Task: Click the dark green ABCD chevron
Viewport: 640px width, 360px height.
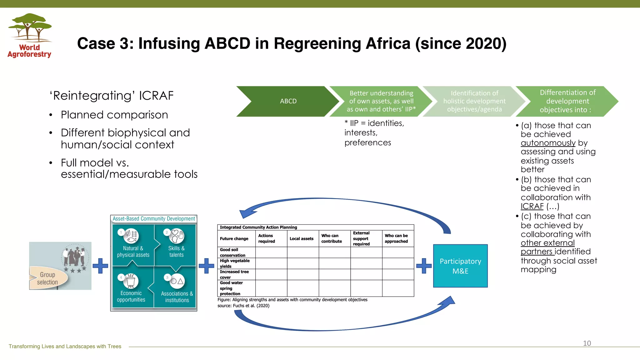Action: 288,101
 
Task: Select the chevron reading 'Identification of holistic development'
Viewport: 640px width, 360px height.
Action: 474,101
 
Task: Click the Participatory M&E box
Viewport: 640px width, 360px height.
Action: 460,266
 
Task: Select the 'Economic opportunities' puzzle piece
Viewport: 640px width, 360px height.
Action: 131,289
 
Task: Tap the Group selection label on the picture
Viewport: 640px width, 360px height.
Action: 48,278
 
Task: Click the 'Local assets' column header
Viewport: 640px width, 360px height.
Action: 301,239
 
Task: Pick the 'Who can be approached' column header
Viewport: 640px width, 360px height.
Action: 396,238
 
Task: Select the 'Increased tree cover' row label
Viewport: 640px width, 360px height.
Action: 234,274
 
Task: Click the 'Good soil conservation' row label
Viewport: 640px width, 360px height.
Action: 232,252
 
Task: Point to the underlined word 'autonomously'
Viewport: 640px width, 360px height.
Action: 548,143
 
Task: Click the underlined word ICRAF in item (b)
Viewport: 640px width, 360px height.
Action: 532,207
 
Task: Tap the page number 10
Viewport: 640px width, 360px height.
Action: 587,343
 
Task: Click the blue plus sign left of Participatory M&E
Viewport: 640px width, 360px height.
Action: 424,266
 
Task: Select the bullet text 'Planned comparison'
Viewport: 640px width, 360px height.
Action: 114,115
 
